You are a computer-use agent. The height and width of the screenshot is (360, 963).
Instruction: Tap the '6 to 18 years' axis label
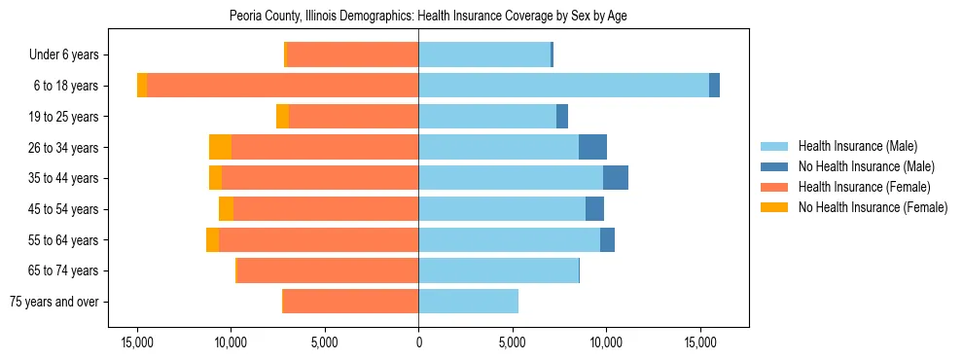pyautogui.click(x=65, y=86)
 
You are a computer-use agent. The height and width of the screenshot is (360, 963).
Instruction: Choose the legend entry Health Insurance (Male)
pyautogui.click(x=857, y=146)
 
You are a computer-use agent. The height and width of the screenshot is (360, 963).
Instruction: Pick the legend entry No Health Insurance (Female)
pyautogui.click(x=873, y=207)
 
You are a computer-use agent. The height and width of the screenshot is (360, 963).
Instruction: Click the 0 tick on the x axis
pyautogui.click(x=418, y=342)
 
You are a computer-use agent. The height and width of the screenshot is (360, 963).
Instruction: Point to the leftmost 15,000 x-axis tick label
pyautogui.click(x=137, y=342)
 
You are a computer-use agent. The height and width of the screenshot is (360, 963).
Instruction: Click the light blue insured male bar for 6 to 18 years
pyautogui.click(x=563, y=86)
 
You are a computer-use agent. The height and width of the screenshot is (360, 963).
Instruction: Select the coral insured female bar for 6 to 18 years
pyautogui.click(x=282, y=86)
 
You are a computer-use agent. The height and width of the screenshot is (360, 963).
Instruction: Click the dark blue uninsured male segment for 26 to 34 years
pyautogui.click(x=592, y=147)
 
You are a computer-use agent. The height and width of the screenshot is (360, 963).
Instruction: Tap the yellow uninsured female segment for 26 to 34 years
pyautogui.click(x=220, y=147)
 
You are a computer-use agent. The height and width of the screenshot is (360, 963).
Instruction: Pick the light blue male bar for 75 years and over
pyautogui.click(x=468, y=302)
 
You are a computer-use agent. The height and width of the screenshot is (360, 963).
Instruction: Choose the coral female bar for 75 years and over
pyautogui.click(x=351, y=302)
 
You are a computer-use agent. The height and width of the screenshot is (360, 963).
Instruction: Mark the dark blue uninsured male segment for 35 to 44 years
pyautogui.click(x=615, y=178)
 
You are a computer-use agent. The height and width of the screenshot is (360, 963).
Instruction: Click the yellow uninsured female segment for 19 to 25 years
pyautogui.click(x=282, y=117)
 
